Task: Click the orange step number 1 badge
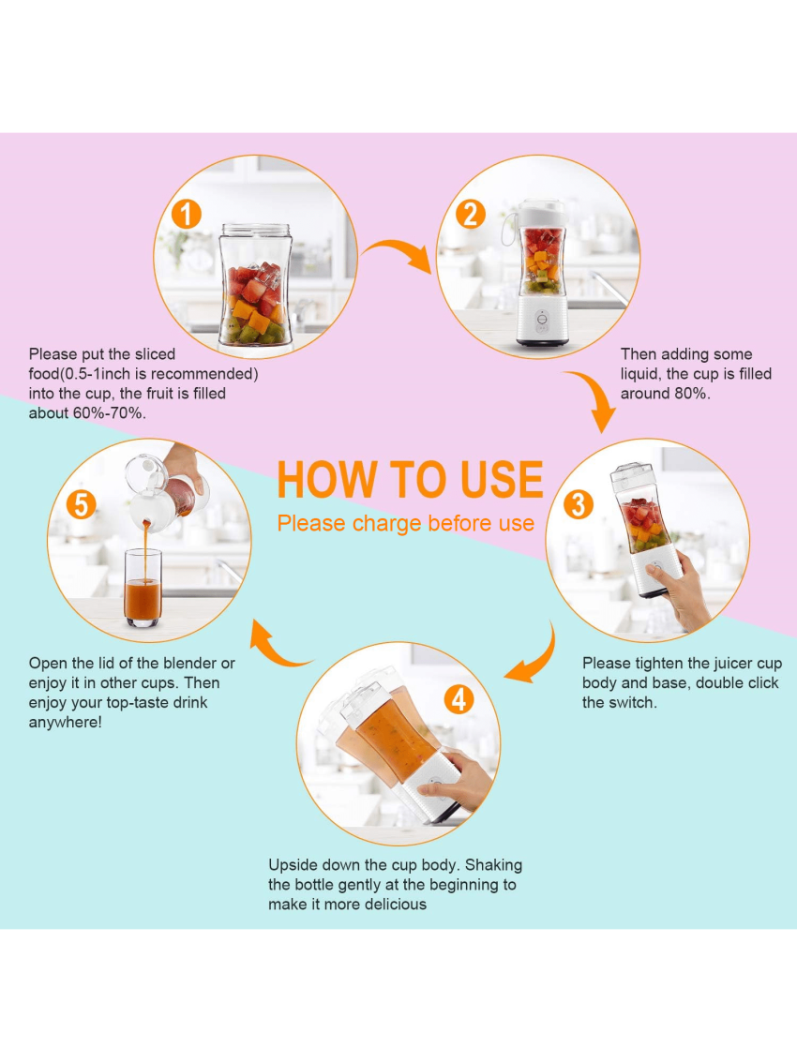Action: click(x=187, y=214)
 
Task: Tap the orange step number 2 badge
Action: click(x=471, y=214)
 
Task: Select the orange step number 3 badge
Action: click(x=579, y=504)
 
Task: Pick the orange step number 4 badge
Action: click(x=459, y=699)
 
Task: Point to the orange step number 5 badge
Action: click(x=81, y=504)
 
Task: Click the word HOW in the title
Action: click(x=327, y=480)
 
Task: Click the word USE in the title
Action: click(x=503, y=480)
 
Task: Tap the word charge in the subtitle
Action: click(x=387, y=524)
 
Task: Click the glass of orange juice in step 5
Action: click(x=143, y=587)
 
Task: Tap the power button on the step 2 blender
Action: click(x=542, y=319)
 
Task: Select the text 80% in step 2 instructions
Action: click(x=692, y=394)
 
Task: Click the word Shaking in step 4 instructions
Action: click(x=493, y=865)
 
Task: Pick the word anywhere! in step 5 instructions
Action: click(x=65, y=723)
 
